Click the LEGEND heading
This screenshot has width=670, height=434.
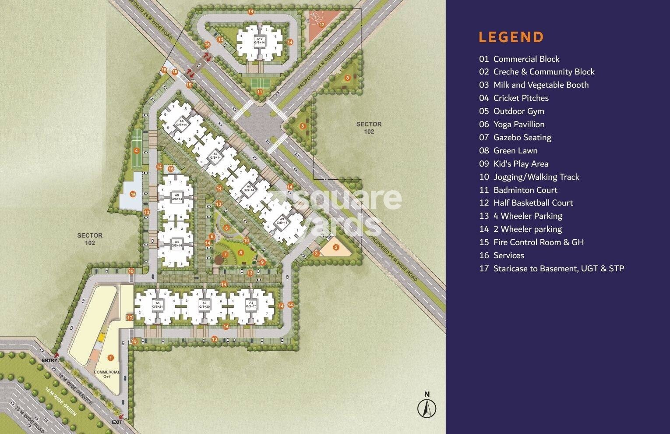point(511,37)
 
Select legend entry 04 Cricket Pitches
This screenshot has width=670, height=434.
point(514,98)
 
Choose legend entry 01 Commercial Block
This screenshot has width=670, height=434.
point(519,59)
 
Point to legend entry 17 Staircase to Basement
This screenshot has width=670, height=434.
point(551,268)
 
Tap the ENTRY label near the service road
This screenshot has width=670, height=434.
point(49,360)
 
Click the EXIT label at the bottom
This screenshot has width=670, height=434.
point(117,422)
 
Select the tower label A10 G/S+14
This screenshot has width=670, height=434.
point(259,41)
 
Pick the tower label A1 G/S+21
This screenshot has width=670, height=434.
point(157,305)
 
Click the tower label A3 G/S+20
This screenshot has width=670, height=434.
point(251,305)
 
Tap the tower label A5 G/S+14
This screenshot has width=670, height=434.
point(176,197)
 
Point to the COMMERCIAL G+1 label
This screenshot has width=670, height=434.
point(107,374)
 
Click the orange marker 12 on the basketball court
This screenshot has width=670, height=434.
point(322,25)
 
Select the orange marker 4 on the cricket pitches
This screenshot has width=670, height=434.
point(137,151)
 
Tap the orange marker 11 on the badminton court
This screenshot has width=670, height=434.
point(260,92)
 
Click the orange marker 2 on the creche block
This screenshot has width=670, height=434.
point(336,247)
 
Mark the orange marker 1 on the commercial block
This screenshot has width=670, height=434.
point(110,358)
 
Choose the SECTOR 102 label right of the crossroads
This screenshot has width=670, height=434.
point(369,128)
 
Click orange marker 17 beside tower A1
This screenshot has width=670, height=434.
point(130,317)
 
